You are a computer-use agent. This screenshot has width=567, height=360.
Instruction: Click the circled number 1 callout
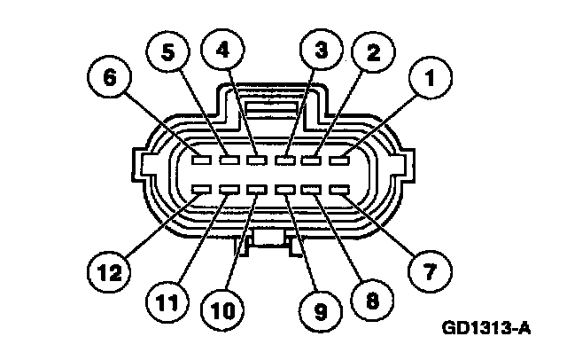(x=430, y=82)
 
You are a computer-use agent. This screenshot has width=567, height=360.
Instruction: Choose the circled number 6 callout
(x=111, y=78)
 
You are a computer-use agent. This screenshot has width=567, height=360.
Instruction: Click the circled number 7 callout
(x=429, y=268)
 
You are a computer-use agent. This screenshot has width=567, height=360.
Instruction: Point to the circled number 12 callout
(x=106, y=269)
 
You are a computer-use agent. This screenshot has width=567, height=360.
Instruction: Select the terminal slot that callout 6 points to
(x=201, y=160)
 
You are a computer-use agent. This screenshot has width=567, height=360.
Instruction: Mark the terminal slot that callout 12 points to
(x=201, y=189)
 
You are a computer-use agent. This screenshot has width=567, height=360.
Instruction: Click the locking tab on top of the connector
(x=269, y=110)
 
